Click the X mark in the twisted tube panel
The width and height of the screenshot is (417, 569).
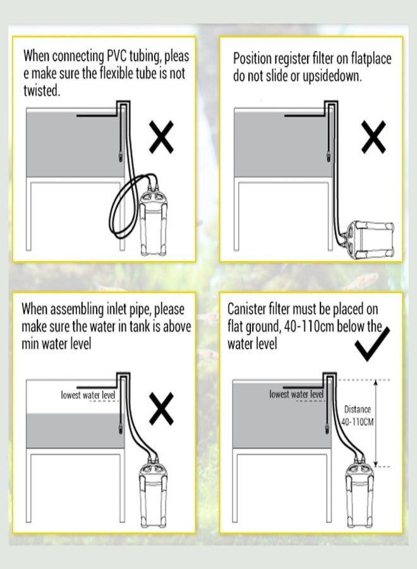(x=161, y=137)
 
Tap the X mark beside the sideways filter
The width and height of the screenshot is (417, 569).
(x=373, y=137)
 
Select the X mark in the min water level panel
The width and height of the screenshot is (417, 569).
(x=161, y=408)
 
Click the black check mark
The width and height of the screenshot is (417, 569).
(x=372, y=344)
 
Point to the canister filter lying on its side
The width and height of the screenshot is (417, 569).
(x=369, y=241)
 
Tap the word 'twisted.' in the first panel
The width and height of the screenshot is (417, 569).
(x=42, y=90)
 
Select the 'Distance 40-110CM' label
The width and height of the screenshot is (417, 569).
(x=358, y=416)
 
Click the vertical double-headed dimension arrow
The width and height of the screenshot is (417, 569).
(x=376, y=423)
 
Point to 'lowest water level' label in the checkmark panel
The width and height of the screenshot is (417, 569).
(x=296, y=394)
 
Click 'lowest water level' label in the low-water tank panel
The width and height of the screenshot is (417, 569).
(x=88, y=395)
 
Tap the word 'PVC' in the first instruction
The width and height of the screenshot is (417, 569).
(x=116, y=56)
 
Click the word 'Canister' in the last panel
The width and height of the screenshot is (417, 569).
(x=246, y=309)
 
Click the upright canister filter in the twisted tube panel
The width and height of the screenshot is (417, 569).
(x=153, y=224)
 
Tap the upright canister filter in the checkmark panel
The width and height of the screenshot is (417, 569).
(x=360, y=495)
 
